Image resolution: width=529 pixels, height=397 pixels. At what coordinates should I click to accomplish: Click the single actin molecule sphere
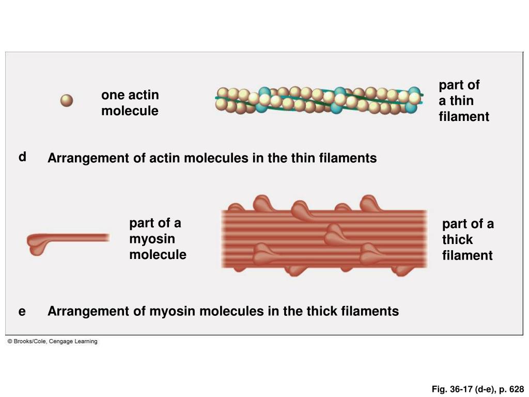pyautogui.click(x=67, y=101)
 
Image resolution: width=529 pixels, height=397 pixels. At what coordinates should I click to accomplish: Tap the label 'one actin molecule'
pyautogui.click(x=130, y=103)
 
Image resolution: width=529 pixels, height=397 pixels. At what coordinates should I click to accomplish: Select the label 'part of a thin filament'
pyautogui.click(x=463, y=101)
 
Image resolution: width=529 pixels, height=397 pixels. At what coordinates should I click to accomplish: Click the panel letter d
pyautogui.click(x=22, y=157)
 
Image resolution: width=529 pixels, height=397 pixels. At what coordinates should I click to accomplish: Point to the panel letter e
pyautogui.click(x=22, y=311)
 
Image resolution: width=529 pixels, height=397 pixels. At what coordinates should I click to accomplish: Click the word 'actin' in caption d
pyautogui.click(x=164, y=158)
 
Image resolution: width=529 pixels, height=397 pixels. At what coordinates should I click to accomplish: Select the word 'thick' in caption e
pyautogui.click(x=322, y=311)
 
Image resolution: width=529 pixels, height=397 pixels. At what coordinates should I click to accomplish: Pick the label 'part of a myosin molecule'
pyautogui.click(x=157, y=239)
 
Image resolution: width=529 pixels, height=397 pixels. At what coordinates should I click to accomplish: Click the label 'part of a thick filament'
pyautogui.click(x=467, y=239)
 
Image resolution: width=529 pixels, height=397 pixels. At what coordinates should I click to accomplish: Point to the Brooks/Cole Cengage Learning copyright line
pyautogui.click(x=52, y=342)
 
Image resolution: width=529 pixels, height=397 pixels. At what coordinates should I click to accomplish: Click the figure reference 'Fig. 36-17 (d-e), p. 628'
pyautogui.click(x=478, y=389)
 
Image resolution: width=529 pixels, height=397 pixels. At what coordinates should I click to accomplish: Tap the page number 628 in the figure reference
pyautogui.click(x=516, y=389)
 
